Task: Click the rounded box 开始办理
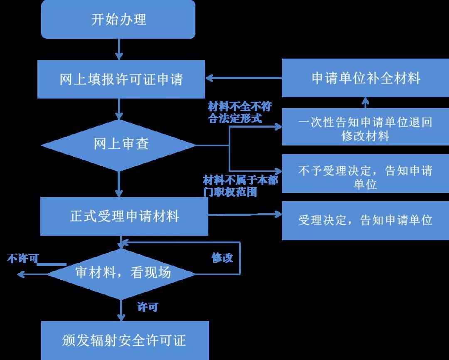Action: coord(118,20)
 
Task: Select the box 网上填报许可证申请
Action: coord(121,79)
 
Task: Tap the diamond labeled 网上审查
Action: coord(119,145)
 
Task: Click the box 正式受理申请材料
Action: coord(124,216)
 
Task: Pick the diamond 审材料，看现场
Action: coord(121,274)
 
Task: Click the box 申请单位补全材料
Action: coord(365,78)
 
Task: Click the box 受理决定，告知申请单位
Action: coord(365,220)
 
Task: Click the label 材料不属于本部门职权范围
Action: coord(240,186)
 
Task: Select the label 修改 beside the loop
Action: coord(222,258)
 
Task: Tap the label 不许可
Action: coord(22,259)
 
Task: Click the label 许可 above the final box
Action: coord(148,307)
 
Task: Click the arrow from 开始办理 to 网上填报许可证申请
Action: coord(119,49)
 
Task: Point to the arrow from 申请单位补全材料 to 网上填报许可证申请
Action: coord(243,78)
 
